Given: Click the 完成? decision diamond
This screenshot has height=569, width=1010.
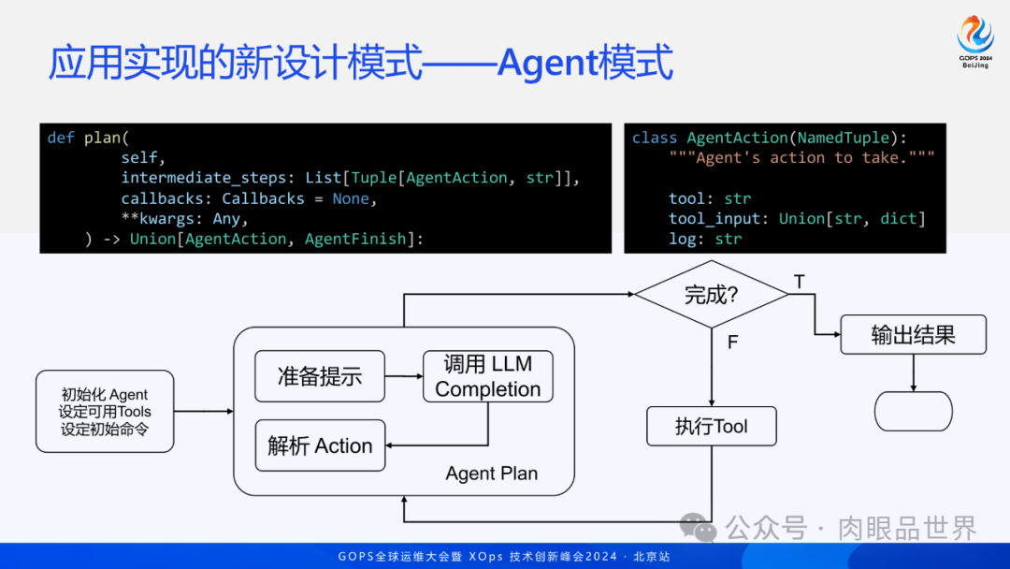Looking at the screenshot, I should click(x=712, y=295).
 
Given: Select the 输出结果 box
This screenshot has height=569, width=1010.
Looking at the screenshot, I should click(x=913, y=335).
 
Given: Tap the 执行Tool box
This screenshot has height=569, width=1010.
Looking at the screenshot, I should click(x=712, y=427).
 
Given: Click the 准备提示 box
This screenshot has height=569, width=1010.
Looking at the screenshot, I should click(x=320, y=377).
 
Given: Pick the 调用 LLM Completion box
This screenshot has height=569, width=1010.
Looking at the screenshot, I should click(x=488, y=376).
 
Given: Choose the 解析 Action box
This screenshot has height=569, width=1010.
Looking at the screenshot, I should click(x=320, y=446).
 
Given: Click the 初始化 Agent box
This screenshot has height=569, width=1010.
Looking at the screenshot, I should click(x=105, y=411).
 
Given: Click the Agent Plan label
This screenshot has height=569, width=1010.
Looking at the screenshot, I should click(x=492, y=474).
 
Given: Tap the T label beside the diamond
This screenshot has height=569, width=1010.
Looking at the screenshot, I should click(x=799, y=282).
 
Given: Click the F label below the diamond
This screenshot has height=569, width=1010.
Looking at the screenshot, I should click(x=732, y=343).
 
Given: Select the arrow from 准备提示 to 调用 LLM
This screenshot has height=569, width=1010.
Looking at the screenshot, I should click(x=403, y=377).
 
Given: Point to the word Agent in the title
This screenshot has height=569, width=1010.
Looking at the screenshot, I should click(x=547, y=64).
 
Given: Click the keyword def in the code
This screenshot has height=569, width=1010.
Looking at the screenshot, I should click(x=61, y=138).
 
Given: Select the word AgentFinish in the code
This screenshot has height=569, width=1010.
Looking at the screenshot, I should click(x=355, y=239).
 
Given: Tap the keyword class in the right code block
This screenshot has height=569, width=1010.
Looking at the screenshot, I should click(x=655, y=138).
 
